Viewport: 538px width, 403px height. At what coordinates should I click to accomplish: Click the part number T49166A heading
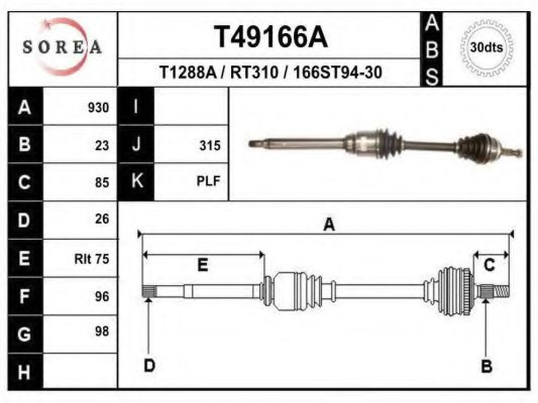(271, 37)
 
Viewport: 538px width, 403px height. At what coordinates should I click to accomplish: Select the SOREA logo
(62, 47)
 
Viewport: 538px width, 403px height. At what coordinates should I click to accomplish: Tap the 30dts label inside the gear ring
(486, 47)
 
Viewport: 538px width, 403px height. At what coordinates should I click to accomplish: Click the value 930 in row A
(98, 107)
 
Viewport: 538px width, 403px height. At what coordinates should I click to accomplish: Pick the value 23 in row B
(102, 146)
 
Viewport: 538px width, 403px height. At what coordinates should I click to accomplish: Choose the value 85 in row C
(102, 182)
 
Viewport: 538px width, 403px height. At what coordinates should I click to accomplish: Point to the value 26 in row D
(102, 219)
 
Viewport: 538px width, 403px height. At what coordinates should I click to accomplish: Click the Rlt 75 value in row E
(91, 259)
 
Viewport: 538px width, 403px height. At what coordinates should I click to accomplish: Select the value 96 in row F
(102, 297)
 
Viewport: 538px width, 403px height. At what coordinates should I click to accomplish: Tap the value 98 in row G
(102, 332)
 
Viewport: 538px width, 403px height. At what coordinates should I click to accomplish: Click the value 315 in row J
(210, 146)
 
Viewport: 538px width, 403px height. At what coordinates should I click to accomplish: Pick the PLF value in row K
(208, 181)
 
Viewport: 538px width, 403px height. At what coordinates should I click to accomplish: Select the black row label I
(136, 106)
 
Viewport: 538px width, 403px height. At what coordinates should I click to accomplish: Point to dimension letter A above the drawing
(329, 225)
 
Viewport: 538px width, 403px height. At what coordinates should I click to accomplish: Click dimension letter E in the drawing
(203, 265)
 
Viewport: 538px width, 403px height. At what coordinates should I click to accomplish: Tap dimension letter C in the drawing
(489, 265)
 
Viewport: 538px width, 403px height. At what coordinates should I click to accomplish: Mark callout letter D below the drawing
(150, 365)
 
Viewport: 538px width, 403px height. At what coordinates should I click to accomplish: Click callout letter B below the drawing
(487, 366)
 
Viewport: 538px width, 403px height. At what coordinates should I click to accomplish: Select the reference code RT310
(254, 73)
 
